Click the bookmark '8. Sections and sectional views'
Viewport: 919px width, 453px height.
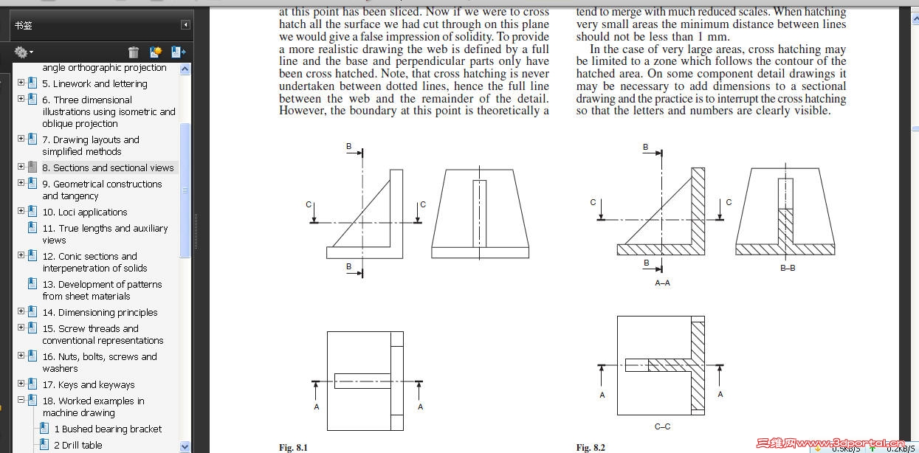pyautogui.click(x=108, y=167)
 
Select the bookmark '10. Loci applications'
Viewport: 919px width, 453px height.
pyautogui.click(x=84, y=212)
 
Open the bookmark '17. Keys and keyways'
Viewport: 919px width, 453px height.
pyautogui.click(x=88, y=384)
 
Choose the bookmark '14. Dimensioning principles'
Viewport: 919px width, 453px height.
pyautogui.click(x=100, y=312)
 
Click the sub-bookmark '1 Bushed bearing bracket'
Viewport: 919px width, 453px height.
pyautogui.click(x=108, y=429)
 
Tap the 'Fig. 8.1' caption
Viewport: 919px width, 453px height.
pyautogui.click(x=293, y=447)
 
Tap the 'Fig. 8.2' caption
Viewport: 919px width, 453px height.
pyautogui.click(x=591, y=447)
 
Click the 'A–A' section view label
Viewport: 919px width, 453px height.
pyautogui.click(x=662, y=283)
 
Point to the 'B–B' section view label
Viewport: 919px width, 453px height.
pyautogui.click(x=788, y=268)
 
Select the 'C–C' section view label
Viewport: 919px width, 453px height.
pyautogui.click(x=662, y=426)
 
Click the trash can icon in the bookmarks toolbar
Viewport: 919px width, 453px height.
pyautogui.click(x=134, y=52)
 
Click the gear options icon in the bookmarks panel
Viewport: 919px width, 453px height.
pyautogui.click(x=21, y=52)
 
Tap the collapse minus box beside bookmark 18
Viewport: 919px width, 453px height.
pyautogui.click(x=21, y=401)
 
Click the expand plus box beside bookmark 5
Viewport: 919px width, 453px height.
pyautogui.click(x=21, y=83)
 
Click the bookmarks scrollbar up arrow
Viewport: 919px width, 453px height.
pyautogui.click(x=185, y=69)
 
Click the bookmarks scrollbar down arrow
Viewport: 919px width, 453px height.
pyautogui.click(x=185, y=446)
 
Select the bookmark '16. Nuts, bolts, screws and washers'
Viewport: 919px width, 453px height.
pyautogui.click(x=99, y=362)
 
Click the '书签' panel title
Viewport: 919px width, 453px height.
pyautogui.click(x=24, y=25)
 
